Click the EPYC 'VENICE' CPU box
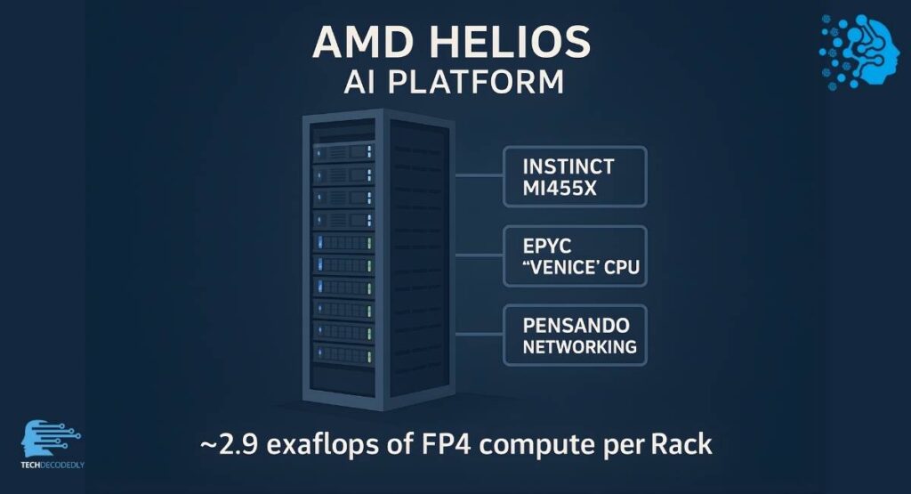575,255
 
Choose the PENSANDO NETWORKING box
575,334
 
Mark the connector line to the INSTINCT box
480,176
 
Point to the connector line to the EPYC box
480,255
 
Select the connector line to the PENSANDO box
480,334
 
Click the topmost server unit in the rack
343,151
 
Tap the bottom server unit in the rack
343,353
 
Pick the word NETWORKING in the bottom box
580,347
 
